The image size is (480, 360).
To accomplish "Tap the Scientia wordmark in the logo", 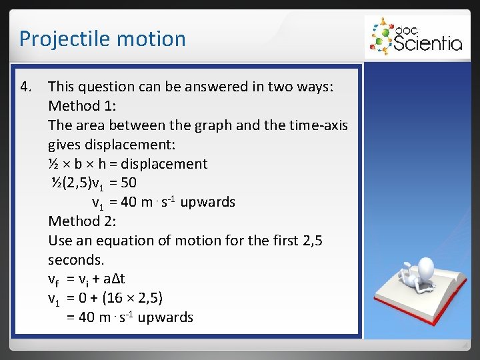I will (427, 43).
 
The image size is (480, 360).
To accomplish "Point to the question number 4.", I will (25, 87).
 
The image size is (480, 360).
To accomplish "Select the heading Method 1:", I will (82, 106).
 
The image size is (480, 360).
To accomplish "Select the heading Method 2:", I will (82, 221).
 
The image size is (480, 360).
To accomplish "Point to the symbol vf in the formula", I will (55, 279).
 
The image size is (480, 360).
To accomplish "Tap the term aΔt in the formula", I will (113, 279).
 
